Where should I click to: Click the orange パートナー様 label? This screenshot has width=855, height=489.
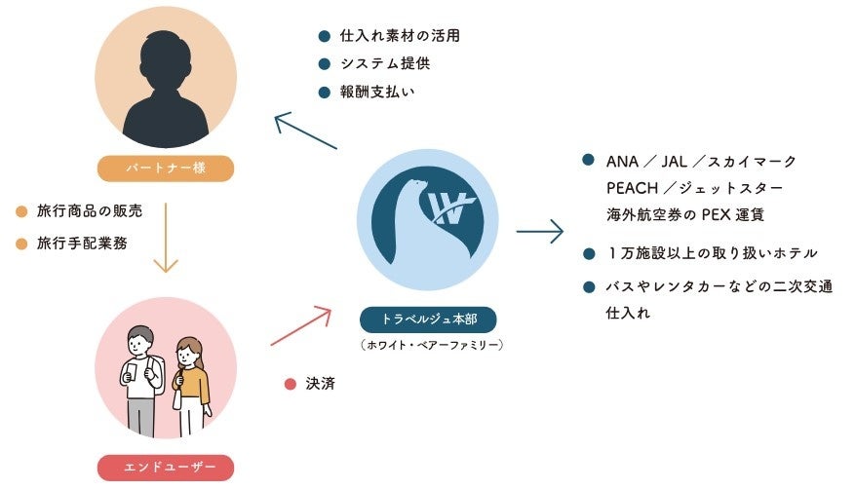pos(166,168)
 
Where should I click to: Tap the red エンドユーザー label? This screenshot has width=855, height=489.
pos(166,467)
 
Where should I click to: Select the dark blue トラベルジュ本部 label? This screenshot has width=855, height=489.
pos(426,319)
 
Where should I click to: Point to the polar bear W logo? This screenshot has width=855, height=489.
pos(427,219)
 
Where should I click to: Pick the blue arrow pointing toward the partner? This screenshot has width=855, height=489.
pos(305,131)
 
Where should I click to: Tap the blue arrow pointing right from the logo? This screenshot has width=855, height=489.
pos(539,231)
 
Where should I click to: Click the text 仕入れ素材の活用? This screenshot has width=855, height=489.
pos(399,36)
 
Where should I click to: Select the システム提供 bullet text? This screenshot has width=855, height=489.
pos(385,64)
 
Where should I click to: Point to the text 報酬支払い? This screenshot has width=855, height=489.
pos(377,93)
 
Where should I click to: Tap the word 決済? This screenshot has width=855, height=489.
pos(320,384)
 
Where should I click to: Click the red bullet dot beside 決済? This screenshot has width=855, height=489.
pos(290,384)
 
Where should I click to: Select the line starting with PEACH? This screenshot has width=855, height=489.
pos(695,186)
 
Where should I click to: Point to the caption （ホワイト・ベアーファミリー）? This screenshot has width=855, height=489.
pos(426,344)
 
